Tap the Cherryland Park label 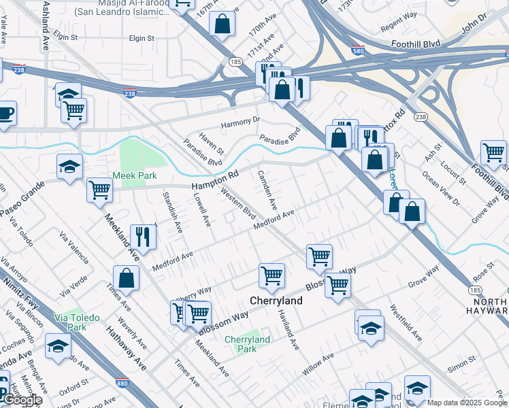247,343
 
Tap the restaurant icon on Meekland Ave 143,236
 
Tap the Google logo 22,400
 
